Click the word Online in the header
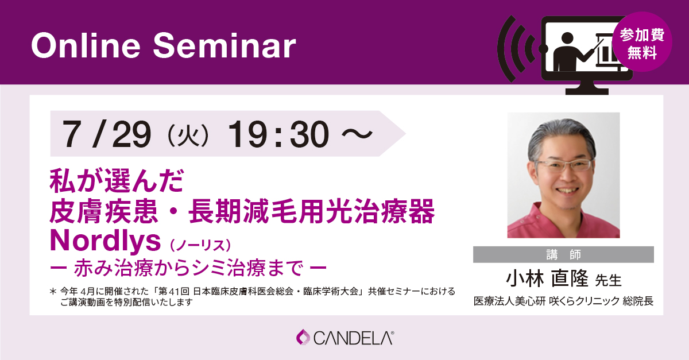(86, 45)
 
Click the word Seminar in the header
(224, 45)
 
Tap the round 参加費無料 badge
(642, 42)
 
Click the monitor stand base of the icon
(587, 91)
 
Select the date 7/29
(106, 134)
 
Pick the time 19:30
(278, 134)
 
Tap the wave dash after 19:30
(357, 134)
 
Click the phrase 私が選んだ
(117, 181)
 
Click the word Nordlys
(105, 241)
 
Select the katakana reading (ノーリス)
(200, 245)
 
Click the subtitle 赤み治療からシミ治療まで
(188, 268)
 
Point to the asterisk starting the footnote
(53, 291)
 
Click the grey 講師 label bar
(563, 254)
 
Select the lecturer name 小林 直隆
(547, 278)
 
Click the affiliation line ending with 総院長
(563, 301)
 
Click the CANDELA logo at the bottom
(345, 338)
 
